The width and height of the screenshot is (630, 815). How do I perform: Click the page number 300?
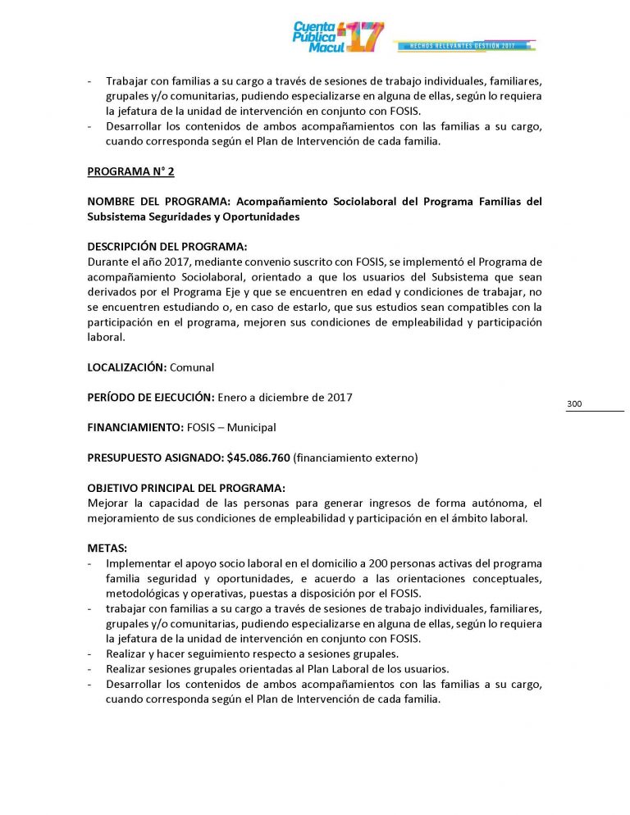click(574, 404)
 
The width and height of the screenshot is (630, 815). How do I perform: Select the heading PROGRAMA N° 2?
click(130, 171)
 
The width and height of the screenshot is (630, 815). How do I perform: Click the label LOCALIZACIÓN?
click(127, 367)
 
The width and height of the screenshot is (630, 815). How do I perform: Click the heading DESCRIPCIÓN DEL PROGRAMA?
click(167, 247)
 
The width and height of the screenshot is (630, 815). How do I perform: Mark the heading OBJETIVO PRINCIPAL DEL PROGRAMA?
click(186, 488)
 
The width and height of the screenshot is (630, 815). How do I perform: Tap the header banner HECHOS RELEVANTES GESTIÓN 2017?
click(464, 44)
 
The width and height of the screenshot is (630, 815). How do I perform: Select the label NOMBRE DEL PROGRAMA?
click(156, 202)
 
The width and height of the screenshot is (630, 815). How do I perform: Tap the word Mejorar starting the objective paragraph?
click(107, 503)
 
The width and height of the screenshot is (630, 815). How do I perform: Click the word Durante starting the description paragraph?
click(108, 262)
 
